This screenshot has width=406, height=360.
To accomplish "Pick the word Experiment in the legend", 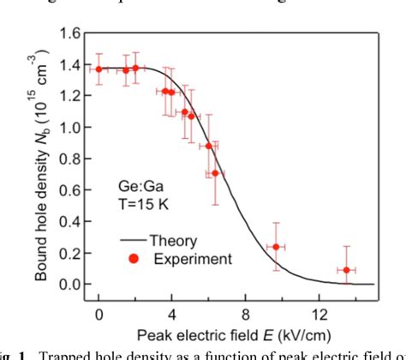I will pyautogui.click(x=192, y=258).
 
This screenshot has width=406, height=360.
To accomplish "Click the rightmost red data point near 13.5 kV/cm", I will pyautogui.click(x=346, y=270).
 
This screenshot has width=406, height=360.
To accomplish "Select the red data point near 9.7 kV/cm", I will pyautogui.click(x=276, y=247).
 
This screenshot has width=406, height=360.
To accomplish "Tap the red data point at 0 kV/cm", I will pyautogui.click(x=99, y=69).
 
